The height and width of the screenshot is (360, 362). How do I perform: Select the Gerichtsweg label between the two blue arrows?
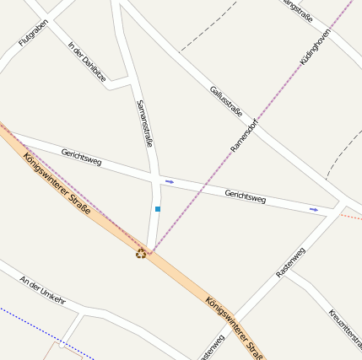point(246,196)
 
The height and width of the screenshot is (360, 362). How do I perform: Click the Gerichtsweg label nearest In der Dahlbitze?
point(81,156)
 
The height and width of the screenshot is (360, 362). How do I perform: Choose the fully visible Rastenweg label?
point(290,262)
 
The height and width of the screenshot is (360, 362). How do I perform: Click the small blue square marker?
point(158,208)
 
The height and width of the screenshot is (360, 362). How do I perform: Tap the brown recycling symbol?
point(140,252)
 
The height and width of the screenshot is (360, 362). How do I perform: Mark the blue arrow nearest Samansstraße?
point(170,181)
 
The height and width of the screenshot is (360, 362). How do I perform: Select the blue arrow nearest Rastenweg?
point(314,209)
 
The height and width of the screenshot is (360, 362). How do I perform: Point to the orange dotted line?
point(351,217)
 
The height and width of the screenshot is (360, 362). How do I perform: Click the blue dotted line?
point(42,330)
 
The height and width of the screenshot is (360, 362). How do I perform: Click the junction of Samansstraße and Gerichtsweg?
point(156,179)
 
